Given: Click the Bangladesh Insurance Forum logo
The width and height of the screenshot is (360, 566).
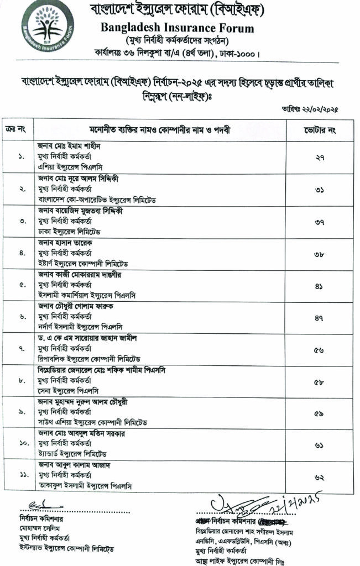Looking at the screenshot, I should [x=47, y=27].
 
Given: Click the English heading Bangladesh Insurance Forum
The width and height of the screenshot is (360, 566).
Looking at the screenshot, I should [x=178, y=28].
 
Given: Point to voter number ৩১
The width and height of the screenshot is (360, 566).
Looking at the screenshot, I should [x=320, y=190].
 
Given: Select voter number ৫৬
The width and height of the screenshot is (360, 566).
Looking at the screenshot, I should [x=320, y=349].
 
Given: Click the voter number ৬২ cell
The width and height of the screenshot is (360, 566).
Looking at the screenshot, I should [x=320, y=477].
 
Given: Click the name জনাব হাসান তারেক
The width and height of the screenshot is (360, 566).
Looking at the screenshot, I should [x=65, y=242].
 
